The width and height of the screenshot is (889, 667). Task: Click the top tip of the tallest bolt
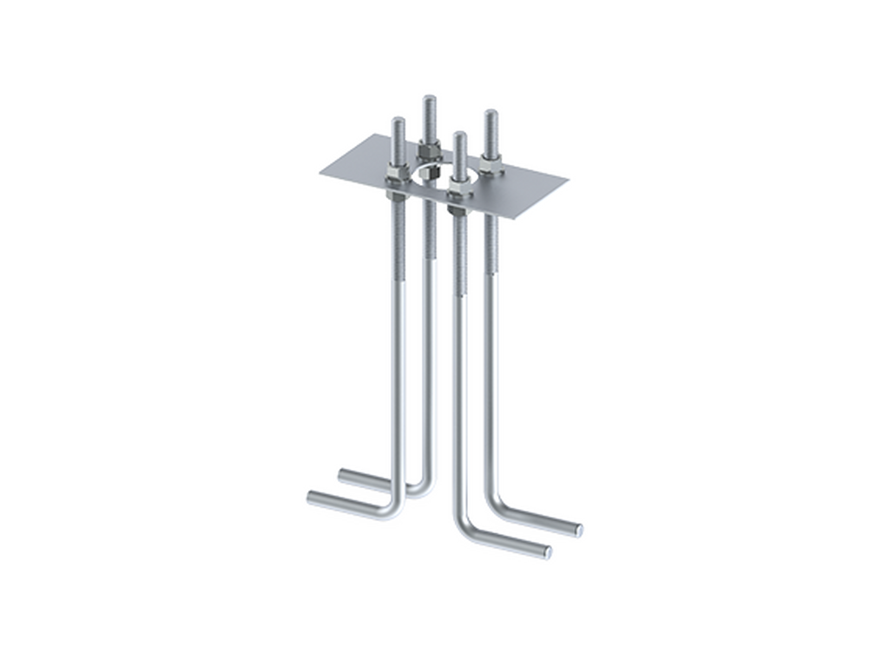tap(428, 95)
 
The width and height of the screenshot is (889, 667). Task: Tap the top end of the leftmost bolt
tap(396, 118)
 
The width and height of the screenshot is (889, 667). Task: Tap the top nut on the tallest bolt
tap(428, 150)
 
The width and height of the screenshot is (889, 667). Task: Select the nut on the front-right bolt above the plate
tap(460, 181)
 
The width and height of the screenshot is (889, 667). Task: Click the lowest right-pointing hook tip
tap(549, 554)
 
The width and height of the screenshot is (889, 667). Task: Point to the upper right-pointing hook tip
tap(579, 529)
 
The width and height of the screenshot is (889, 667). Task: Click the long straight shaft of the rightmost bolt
tap(491, 347)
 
